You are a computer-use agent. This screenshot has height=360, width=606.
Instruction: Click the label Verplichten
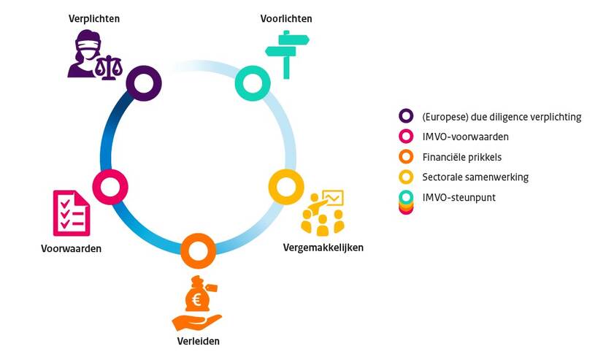pos(95,18)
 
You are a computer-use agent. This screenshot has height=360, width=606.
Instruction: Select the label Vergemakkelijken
pos(323,248)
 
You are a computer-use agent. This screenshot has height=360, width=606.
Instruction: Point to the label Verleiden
pos(198,341)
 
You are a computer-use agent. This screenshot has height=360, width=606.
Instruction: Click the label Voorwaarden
pos(71,248)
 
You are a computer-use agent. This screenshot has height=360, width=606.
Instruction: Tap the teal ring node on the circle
pos(253,83)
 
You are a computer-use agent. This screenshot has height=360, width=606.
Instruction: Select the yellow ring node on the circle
pos(286,186)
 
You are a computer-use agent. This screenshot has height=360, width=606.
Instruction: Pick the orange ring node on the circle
pos(197,250)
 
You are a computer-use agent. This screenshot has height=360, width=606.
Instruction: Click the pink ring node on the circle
pos(111,186)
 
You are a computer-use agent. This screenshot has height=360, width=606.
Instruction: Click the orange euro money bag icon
pos(197,303)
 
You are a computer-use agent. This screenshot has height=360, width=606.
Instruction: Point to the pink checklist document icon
pos(72,212)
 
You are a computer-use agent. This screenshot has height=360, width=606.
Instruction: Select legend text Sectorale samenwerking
pos(475,177)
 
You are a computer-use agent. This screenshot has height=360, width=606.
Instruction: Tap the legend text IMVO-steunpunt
pos(459,196)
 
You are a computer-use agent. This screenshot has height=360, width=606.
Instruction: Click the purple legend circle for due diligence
pos(406,116)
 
